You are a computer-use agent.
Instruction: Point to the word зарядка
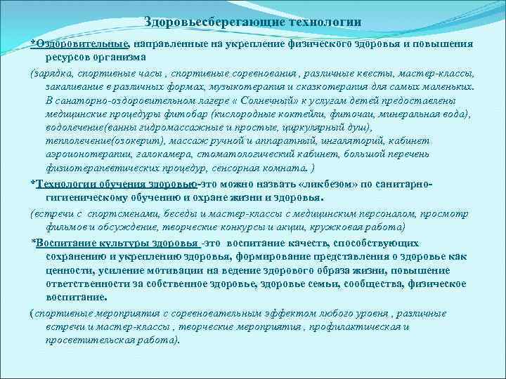coord(53,73)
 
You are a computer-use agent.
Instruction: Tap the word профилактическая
coord(354,327)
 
